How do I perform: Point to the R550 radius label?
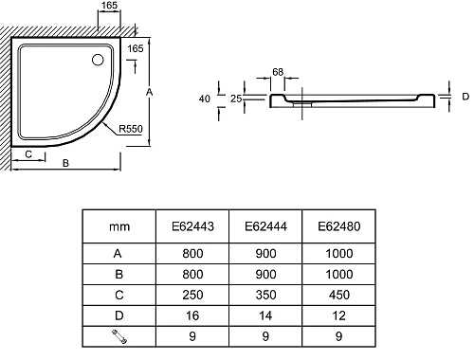click(131, 129)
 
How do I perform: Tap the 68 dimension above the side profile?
click(278, 72)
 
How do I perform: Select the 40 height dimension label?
click(205, 99)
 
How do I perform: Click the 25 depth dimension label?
click(236, 99)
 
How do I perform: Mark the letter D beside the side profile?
click(465, 97)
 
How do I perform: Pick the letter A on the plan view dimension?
click(149, 92)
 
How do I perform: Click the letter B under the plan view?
click(65, 163)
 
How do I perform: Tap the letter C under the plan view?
click(28, 154)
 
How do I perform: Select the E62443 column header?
click(192, 226)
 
